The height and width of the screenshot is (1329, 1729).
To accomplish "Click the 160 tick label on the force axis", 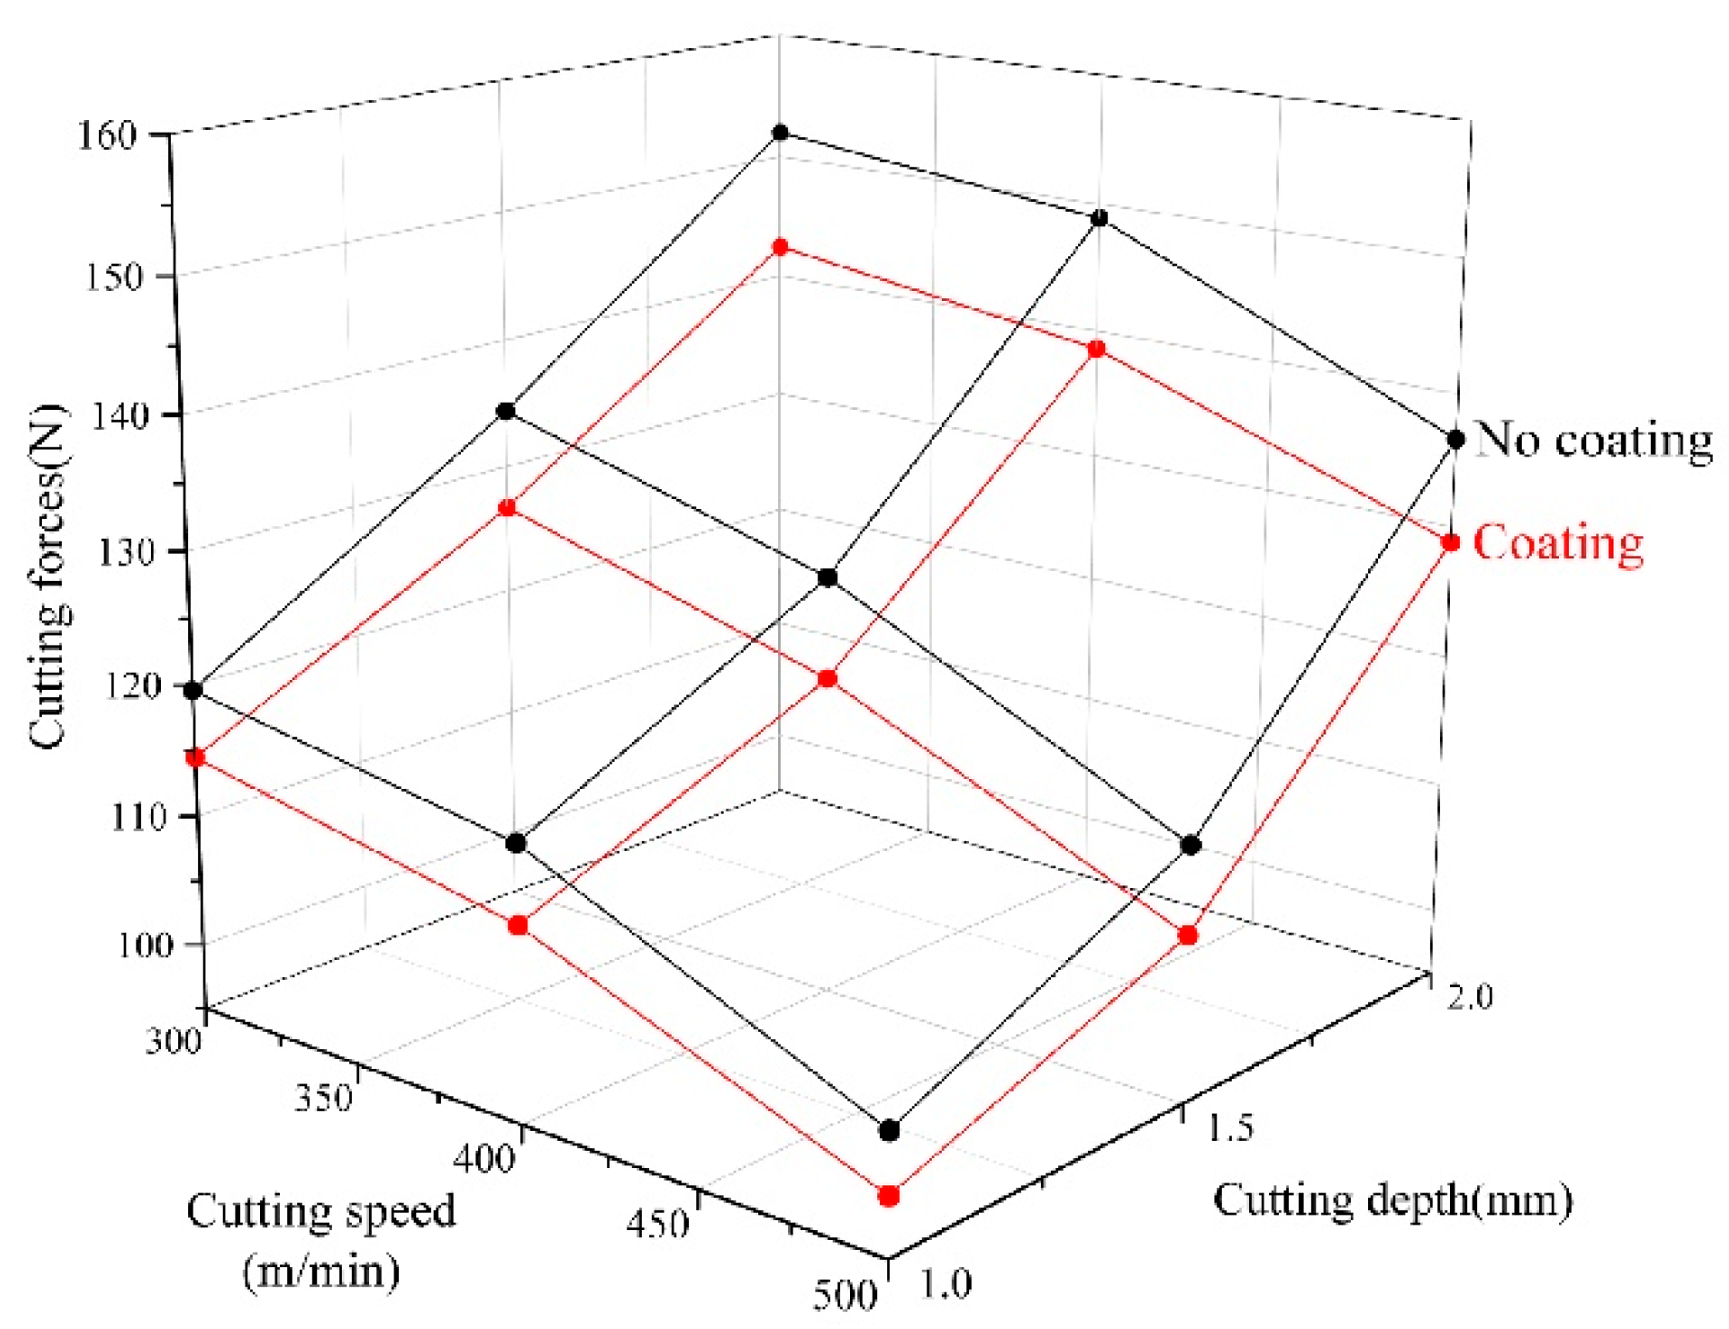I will (107, 137).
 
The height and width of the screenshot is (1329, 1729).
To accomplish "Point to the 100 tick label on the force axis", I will (145, 945).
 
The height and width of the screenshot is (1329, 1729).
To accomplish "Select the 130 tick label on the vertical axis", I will (128, 552).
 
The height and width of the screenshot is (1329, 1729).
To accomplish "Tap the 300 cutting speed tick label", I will (173, 1040).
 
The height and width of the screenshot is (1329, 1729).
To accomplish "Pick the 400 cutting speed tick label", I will (484, 1159).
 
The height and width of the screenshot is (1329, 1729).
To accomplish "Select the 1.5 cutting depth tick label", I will (1231, 1127).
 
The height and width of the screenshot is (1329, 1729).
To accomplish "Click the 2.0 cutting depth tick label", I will (1470, 997).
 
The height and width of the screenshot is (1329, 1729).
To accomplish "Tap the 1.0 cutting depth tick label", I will (946, 1284).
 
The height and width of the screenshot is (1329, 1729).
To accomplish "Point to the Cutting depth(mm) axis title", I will (1392, 1200).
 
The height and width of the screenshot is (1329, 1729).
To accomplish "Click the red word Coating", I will (1557, 543).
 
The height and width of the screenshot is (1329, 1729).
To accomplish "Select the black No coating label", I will (1593, 440).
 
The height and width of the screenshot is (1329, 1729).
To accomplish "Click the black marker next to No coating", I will (1455, 440).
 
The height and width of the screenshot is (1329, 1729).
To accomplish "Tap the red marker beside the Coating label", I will (1451, 543).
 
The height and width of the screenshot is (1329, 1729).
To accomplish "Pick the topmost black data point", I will (780, 133).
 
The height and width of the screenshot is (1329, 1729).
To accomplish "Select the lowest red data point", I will (889, 1195).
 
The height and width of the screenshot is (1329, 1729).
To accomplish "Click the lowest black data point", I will (889, 1131).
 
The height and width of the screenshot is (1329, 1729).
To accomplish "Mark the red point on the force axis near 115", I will (195, 757).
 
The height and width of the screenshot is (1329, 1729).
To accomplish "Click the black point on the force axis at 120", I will (193, 691).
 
